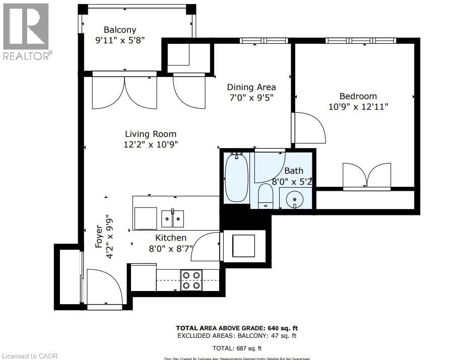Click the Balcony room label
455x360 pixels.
point(120,30)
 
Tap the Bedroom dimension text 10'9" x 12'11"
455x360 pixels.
point(358,107)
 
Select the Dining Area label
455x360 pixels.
point(251,87)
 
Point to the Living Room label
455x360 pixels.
point(151,134)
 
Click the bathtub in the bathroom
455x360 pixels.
point(236,177)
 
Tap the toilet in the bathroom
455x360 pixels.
point(265,196)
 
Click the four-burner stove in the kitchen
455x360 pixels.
point(191,280)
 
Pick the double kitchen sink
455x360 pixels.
point(173,219)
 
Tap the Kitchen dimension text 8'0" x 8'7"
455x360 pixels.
point(170,248)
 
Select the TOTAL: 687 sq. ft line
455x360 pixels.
point(236,348)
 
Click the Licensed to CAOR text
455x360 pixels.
point(29,356)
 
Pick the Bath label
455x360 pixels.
point(293,171)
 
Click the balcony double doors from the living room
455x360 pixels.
point(124,92)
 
